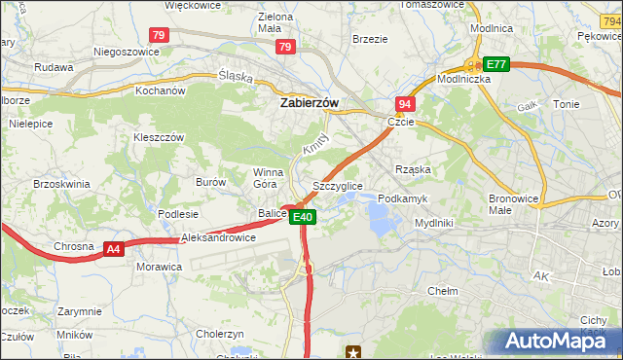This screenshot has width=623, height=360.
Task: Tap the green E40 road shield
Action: point(304,217)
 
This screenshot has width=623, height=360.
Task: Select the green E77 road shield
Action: point(496,64)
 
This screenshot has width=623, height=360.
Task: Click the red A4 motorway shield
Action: point(114,249)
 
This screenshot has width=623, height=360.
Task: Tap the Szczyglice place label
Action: point(338,185)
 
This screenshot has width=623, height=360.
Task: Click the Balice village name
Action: point(272,213)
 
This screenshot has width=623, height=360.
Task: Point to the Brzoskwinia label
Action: point(61,183)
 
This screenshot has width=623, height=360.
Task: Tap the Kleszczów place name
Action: point(159,137)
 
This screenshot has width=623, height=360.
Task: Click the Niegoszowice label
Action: point(125,52)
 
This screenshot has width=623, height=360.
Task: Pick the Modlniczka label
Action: point(463,79)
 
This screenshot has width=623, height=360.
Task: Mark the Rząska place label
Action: point(413,168)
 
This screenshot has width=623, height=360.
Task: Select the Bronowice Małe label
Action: point(513,203)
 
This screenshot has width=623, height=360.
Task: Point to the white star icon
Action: point(354,351)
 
